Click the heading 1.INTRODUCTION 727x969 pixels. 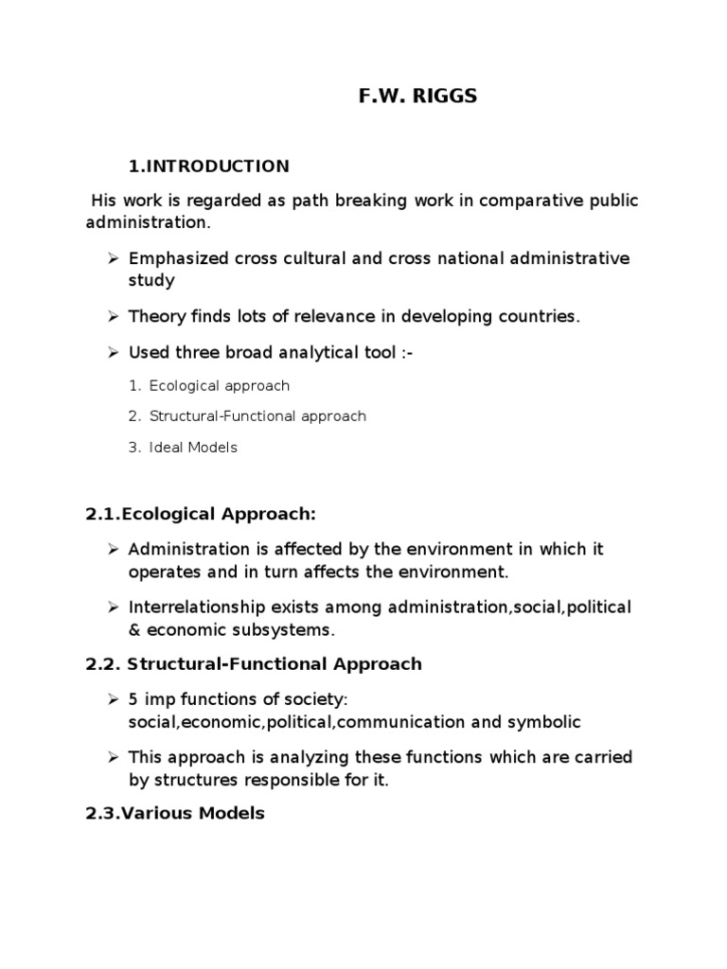209,167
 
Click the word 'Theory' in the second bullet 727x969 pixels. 155,317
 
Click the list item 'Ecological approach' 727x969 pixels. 219,386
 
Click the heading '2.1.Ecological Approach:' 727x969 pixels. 200,514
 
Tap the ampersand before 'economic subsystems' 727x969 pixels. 134,629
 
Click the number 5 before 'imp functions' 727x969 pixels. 133,700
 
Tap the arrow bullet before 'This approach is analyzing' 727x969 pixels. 112,758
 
